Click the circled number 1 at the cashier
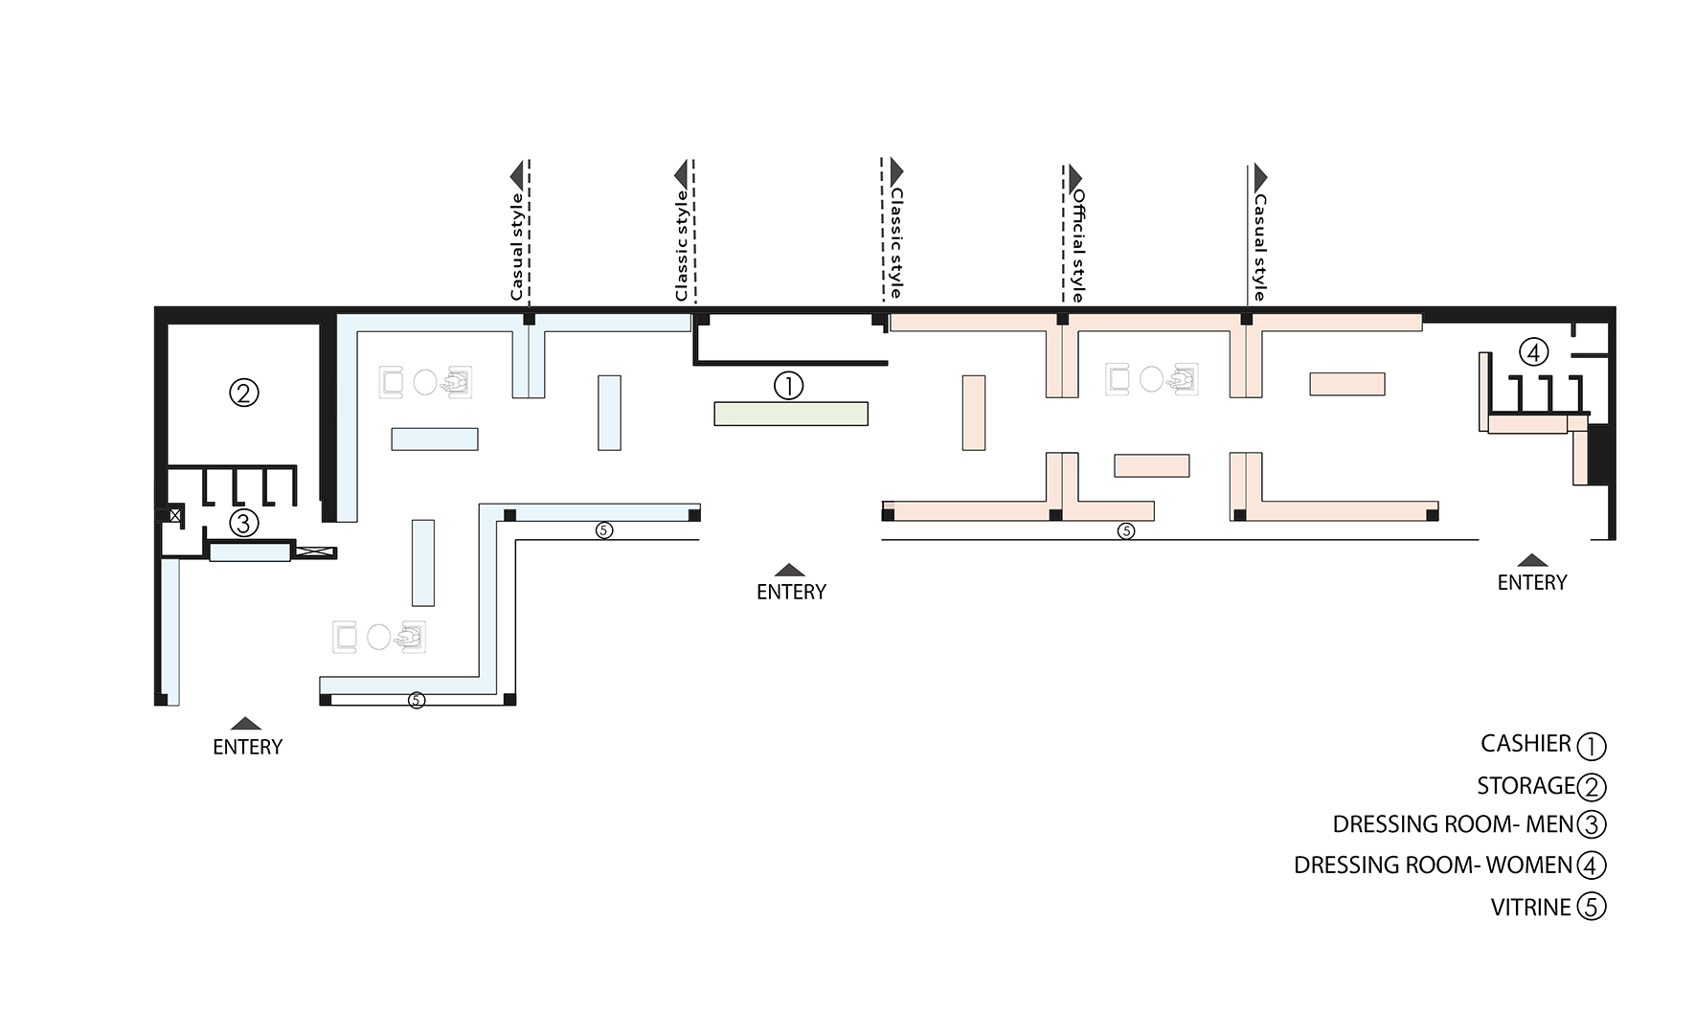tap(788, 386)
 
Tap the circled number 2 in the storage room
tap(244, 393)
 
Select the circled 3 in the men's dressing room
tap(244, 524)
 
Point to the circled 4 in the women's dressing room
tap(1533, 352)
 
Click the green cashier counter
tap(791, 414)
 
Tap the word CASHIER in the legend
tap(1525, 744)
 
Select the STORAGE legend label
tap(1525, 786)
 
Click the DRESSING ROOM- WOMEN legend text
tap(1433, 865)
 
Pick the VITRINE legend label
tap(1530, 908)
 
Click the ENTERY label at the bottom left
tap(247, 747)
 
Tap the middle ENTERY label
tap(791, 592)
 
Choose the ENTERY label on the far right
tap(1532, 582)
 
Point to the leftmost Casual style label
tap(516, 247)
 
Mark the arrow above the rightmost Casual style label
tap(1260, 177)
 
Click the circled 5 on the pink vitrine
tap(1126, 530)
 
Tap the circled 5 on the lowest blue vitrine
tap(416, 700)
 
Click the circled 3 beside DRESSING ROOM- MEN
tap(1591, 824)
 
